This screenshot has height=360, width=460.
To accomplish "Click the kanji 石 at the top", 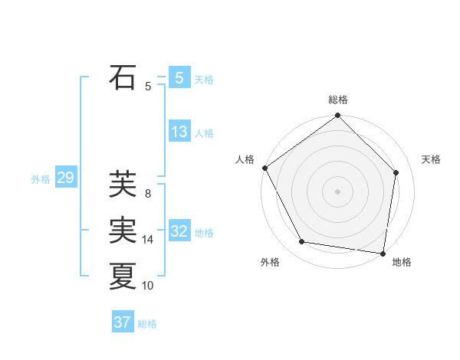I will click(x=123, y=77).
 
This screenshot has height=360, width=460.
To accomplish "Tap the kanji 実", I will click(x=123, y=231).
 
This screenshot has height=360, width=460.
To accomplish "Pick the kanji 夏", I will click(x=123, y=276).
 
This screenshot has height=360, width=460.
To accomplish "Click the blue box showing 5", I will click(x=179, y=78).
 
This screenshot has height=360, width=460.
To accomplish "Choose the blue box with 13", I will click(x=179, y=132).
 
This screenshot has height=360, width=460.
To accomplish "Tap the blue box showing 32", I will click(x=179, y=231).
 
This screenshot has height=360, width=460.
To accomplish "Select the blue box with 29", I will click(x=65, y=178).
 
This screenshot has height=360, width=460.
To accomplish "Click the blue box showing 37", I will click(x=122, y=322).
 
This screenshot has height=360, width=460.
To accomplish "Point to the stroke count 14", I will click(x=148, y=240).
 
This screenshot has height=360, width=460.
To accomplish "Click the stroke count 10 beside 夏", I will click(x=148, y=286).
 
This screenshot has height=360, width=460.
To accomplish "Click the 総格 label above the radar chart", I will click(x=338, y=100).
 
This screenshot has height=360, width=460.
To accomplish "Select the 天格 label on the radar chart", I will click(x=432, y=159).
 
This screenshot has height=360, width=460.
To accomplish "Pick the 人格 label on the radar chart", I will click(x=245, y=159).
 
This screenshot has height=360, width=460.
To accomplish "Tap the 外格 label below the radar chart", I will click(x=270, y=262).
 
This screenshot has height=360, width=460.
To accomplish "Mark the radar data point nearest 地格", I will click(x=383, y=252).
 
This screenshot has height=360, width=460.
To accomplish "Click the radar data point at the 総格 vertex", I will click(x=338, y=116).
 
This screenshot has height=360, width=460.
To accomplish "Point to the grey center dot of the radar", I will click(x=338, y=191).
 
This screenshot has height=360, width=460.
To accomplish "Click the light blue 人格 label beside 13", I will click(x=204, y=133).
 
